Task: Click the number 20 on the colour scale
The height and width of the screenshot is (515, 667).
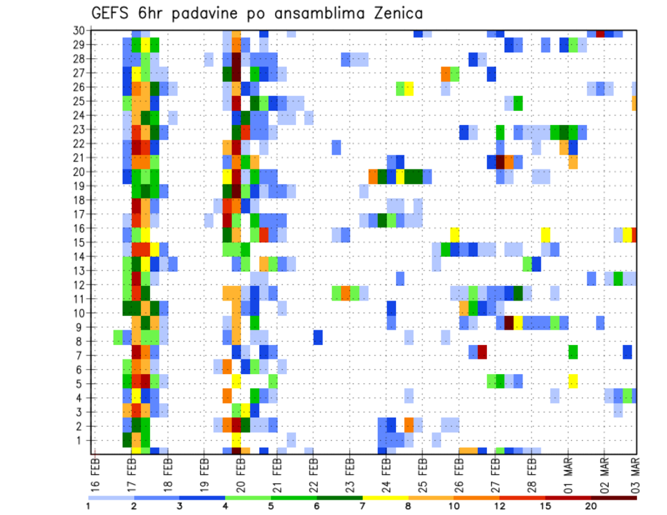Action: pos(591,507)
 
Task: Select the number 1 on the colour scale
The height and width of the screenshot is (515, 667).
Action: pos(88,507)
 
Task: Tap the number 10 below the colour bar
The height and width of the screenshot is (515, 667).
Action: pos(454,507)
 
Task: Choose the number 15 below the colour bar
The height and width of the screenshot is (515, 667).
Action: pos(545,507)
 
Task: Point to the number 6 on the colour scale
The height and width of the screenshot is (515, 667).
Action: pos(316,507)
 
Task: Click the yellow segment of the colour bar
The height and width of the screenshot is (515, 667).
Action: pos(385,498)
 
